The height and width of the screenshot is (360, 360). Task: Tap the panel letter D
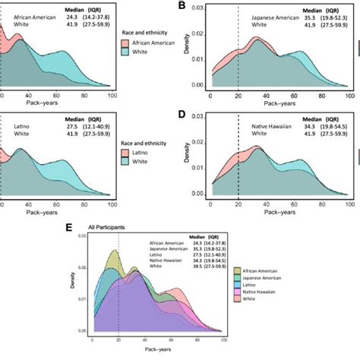point(182,115)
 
